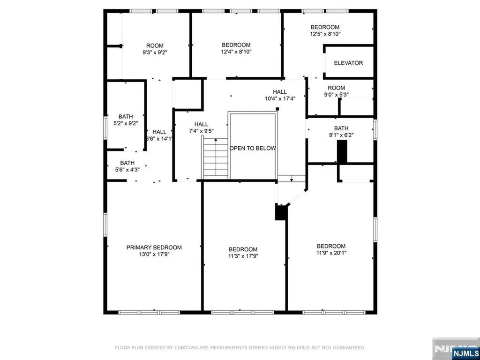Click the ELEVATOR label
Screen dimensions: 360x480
(x=348, y=63)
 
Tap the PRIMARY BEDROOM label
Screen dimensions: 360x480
(x=154, y=247)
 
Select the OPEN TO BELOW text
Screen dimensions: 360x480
(x=252, y=148)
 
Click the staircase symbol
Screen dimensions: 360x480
(x=216, y=159)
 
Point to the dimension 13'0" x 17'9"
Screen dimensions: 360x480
(x=154, y=255)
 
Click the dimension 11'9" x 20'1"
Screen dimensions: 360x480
(x=331, y=253)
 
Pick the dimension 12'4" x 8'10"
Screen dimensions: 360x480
(x=236, y=52)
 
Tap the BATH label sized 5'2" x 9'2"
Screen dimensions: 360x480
(x=125, y=116)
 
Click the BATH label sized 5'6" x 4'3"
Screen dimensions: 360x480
(x=127, y=163)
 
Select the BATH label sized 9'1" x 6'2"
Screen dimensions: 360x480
(x=341, y=128)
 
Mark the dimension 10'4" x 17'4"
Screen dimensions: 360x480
(x=280, y=99)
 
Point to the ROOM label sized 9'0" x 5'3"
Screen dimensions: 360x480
(x=336, y=88)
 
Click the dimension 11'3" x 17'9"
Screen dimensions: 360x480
(x=243, y=256)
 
